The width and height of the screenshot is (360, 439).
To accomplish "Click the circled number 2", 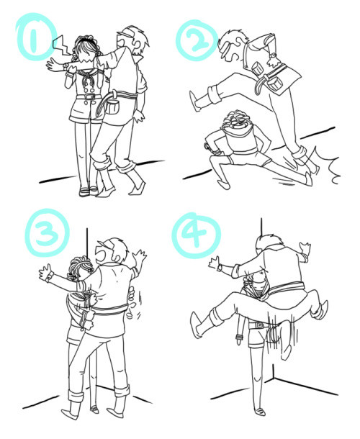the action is (197, 41).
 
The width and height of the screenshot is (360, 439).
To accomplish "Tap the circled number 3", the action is (47, 232).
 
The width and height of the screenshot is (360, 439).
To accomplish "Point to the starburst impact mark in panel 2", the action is (328, 166).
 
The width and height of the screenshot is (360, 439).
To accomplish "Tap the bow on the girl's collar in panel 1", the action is (87, 80).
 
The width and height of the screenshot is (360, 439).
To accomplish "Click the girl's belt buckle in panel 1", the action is (89, 97).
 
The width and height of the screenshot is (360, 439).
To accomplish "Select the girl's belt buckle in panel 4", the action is (259, 325).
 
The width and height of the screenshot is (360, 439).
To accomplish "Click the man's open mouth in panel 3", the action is (101, 254).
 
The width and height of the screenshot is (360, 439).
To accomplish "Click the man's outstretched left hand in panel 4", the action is (215, 263).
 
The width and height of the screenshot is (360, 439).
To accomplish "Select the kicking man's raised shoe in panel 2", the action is (194, 101).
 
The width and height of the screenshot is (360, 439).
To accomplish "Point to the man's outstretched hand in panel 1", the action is (55, 65).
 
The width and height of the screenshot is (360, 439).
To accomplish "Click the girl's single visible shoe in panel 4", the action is (260, 412).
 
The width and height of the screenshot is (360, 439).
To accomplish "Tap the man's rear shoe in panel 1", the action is (138, 188).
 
